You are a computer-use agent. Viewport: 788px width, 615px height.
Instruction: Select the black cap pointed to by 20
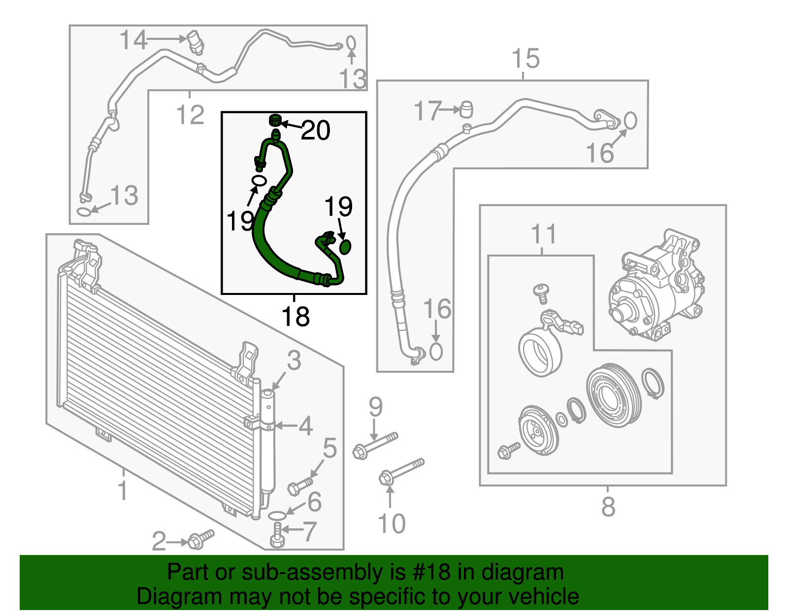click(x=276, y=120)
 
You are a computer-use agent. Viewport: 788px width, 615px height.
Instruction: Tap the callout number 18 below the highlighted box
click(x=295, y=317)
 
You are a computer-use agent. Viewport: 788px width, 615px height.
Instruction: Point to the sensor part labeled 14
click(x=196, y=42)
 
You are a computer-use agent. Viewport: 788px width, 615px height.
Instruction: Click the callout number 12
click(x=190, y=115)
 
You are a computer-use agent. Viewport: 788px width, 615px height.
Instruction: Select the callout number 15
click(x=525, y=59)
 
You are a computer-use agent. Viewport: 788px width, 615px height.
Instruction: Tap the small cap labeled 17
click(x=466, y=109)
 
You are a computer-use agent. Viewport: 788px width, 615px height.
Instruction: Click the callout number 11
click(x=543, y=234)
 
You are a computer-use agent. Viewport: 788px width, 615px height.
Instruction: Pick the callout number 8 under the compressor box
click(x=608, y=507)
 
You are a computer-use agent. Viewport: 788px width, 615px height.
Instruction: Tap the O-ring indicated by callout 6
click(x=277, y=515)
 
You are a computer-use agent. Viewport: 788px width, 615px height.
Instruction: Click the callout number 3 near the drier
click(x=294, y=360)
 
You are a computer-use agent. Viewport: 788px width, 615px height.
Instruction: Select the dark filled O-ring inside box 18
click(x=345, y=247)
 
